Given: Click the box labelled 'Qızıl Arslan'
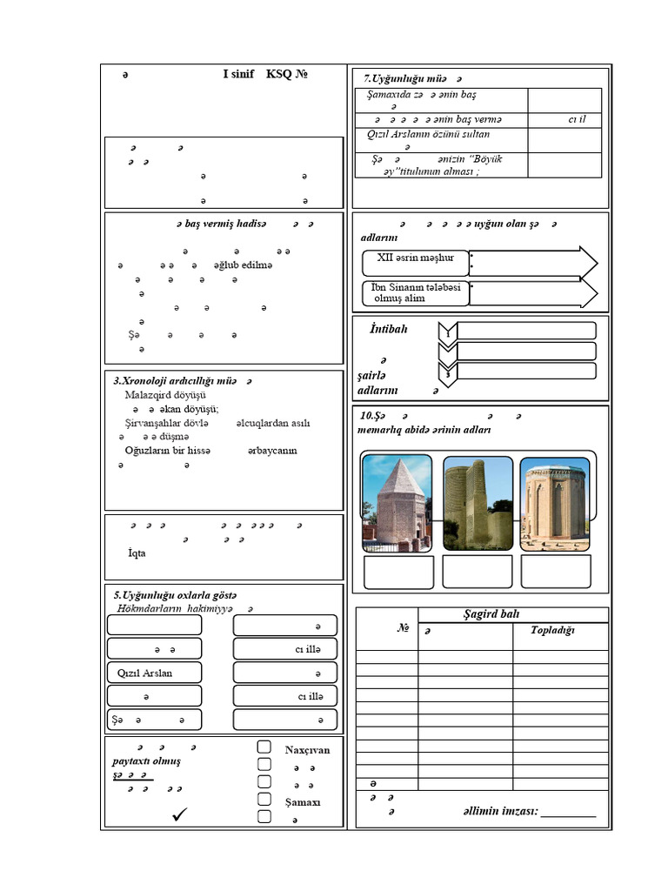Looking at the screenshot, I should click(x=154, y=673).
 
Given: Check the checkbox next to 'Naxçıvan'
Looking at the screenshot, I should click(x=264, y=747).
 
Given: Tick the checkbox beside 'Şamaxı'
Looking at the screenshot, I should click(x=264, y=800).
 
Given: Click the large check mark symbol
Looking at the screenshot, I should click(x=181, y=814).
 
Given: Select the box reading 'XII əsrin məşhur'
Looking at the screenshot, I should click(x=416, y=260).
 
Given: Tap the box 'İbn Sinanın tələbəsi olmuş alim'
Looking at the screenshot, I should click(x=416, y=293).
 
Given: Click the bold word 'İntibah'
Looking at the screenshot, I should click(x=382, y=329).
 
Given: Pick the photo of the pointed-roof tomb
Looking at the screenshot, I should click(x=397, y=503).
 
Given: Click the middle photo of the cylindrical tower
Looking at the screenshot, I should click(x=478, y=503).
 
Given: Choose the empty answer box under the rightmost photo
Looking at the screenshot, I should click(x=556, y=572).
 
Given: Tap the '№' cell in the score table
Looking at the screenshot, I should click(x=403, y=628).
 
